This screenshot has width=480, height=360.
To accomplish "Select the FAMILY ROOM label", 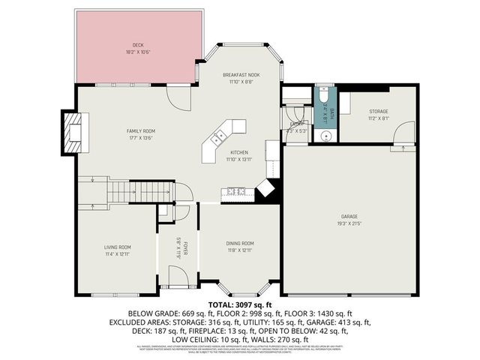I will tap(140, 131).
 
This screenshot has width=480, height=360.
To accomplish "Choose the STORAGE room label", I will tap(378, 112).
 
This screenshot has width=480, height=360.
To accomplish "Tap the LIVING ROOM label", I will tap(117, 247).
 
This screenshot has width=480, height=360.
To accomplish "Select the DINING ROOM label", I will tap(240, 243).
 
